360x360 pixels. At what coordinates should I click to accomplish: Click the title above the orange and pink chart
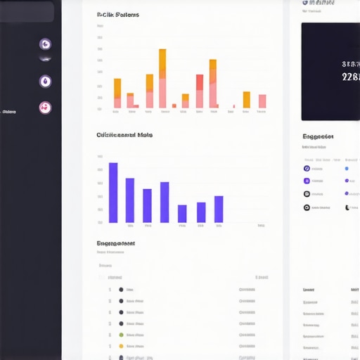pos(117,15)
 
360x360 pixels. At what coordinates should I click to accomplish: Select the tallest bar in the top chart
pos(162,78)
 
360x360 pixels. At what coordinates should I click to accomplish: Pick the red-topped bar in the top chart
pos(200,91)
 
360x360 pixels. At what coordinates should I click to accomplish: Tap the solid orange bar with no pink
pos(247,99)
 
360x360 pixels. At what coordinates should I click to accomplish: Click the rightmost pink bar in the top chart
pos(262,101)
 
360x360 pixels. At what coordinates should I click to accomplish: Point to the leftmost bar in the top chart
pos(117,93)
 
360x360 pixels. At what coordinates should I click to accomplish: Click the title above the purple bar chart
pos(124,134)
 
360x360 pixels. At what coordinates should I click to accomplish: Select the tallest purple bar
pos(113,193)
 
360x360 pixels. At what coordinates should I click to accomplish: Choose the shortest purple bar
pos(182,213)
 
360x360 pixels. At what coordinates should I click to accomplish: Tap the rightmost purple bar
pos(219,209)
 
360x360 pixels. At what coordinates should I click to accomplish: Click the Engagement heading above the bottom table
pos(115,243)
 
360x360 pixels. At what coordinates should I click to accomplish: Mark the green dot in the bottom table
pos(121,335)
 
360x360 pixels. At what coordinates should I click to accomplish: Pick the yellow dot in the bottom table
pos(121,346)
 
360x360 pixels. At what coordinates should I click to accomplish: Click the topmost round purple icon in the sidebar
pos(46,44)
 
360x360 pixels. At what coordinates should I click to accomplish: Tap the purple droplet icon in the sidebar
pos(46,82)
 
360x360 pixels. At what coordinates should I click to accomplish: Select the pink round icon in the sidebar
pos(46,108)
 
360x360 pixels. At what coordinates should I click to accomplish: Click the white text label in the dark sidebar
pos(9,111)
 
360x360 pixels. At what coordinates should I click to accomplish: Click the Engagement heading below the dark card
pos(318,136)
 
